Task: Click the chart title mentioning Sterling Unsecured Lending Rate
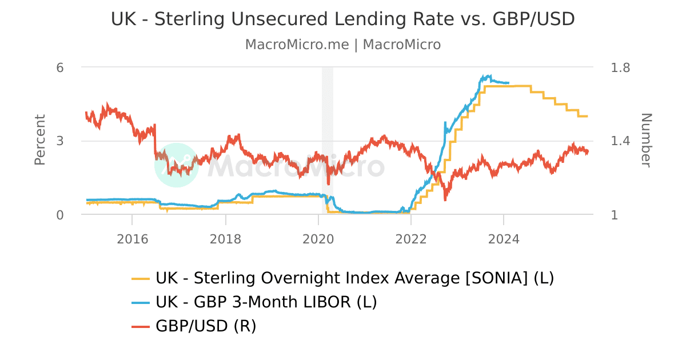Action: [343, 19]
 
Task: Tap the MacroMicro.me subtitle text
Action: [343, 45]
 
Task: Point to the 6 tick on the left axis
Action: [59, 67]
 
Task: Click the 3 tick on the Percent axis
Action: [59, 141]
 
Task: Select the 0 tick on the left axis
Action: [59, 215]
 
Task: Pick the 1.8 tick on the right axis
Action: [620, 67]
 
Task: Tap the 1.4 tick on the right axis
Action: [620, 141]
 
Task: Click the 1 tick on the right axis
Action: [615, 215]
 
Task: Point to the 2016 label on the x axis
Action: [132, 239]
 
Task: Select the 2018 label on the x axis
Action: [225, 239]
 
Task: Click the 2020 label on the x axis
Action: [318, 239]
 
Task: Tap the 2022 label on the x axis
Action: [411, 239]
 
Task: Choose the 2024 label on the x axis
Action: [504, 239]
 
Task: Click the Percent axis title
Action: [40, 140]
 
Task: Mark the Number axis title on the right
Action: [645, 140]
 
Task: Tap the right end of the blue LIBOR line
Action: [508, 83]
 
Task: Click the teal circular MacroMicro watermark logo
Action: [177, 165]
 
